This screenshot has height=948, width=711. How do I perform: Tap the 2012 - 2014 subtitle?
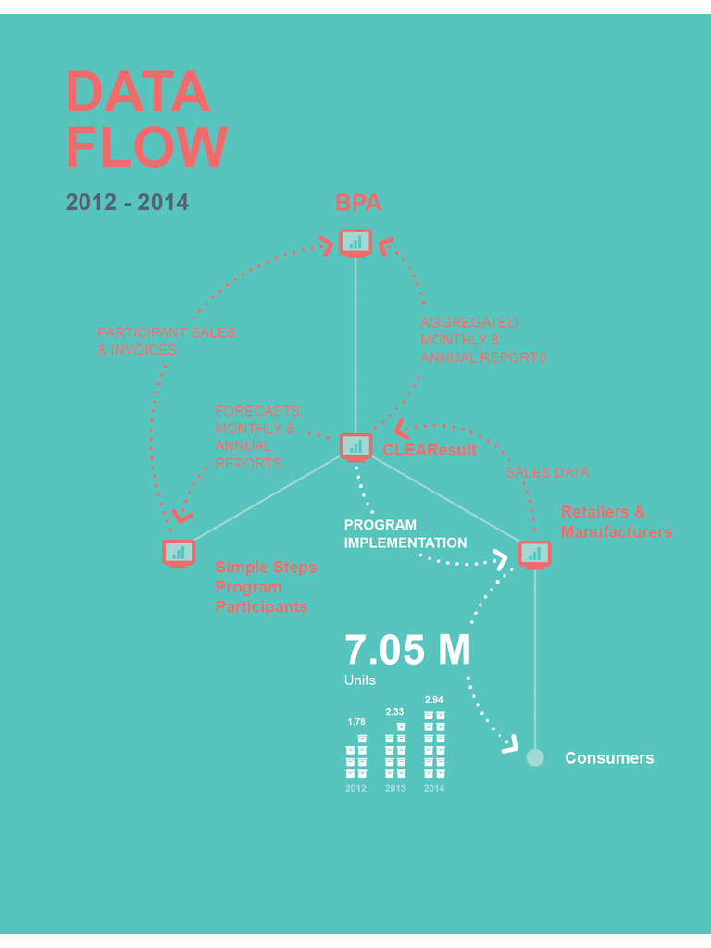point(127,203)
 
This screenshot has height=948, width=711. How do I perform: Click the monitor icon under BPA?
point(355,243)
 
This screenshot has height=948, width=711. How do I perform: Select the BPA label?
point(358,203)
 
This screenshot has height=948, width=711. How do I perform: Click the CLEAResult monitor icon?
point(355,446)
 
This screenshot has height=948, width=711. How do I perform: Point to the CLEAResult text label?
point(430,450)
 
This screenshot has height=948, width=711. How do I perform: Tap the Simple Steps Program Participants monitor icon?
point(179,553)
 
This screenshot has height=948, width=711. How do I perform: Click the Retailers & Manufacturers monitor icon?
point(534,554)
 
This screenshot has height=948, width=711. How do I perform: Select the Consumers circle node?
point(534,757)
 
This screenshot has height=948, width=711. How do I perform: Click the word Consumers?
point(609,758)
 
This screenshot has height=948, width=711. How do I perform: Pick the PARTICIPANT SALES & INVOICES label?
point(167,341)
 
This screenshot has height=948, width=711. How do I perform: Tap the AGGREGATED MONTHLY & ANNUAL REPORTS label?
point(482,340)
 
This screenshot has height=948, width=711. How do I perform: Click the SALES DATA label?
point(547,472)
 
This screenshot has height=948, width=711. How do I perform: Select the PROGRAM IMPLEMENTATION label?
point(405,534)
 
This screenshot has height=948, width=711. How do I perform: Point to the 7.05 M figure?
point(407,650)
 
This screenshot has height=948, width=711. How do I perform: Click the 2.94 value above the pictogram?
point(434,699)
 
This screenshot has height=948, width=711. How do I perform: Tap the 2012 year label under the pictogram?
point(355,789)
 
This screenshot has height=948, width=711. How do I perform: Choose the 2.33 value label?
point(394,712)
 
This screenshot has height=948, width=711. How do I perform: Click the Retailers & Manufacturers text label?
point(616,522)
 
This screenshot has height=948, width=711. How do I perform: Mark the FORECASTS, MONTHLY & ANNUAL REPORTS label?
point(259,437)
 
